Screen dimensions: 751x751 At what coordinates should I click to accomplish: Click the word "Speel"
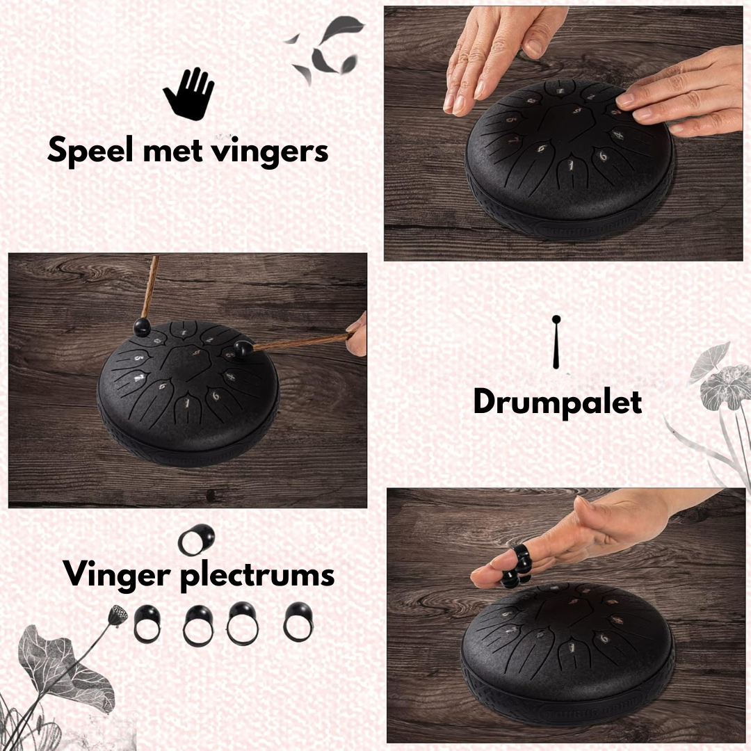point(90,150)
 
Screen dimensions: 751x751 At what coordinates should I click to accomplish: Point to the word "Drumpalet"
point(558,403)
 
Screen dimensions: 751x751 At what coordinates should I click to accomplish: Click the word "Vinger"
point(117,574)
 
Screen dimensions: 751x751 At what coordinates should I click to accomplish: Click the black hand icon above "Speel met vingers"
point(188,93)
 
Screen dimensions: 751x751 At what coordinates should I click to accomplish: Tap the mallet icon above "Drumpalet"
point(556,341)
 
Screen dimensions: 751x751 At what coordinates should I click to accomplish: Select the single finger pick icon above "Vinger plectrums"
point(196,540)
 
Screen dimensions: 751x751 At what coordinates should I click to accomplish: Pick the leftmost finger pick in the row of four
point(147,624)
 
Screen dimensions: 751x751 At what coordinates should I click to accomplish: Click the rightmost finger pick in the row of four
point(298,622)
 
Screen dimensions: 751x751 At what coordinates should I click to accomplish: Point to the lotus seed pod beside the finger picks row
point(118,615)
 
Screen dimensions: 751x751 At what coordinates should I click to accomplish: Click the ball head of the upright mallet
point(142,327)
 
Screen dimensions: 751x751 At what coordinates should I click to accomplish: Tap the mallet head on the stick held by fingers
point(243,349)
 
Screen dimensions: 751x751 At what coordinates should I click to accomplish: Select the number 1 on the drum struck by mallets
point(188,403)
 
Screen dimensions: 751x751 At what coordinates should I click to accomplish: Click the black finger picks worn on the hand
point(516,565)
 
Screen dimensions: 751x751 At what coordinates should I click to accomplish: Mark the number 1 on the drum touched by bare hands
point(571,165)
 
